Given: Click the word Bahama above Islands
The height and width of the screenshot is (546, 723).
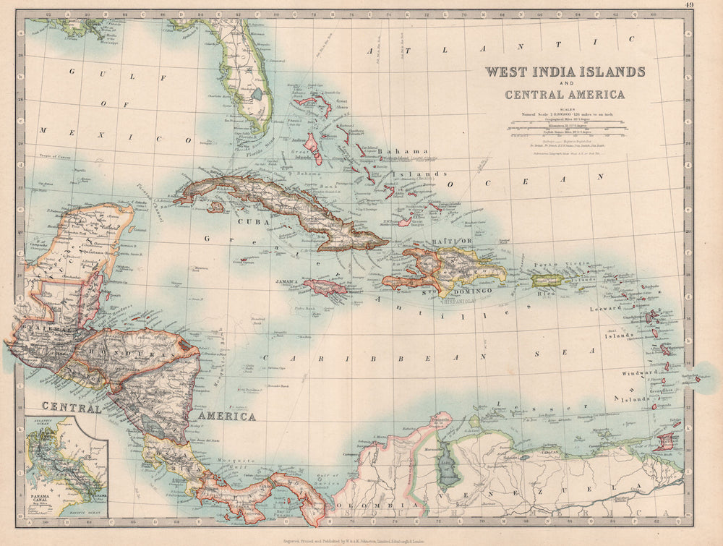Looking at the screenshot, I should coord(394,142).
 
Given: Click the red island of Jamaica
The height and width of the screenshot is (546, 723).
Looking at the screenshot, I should coord(325,287).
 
